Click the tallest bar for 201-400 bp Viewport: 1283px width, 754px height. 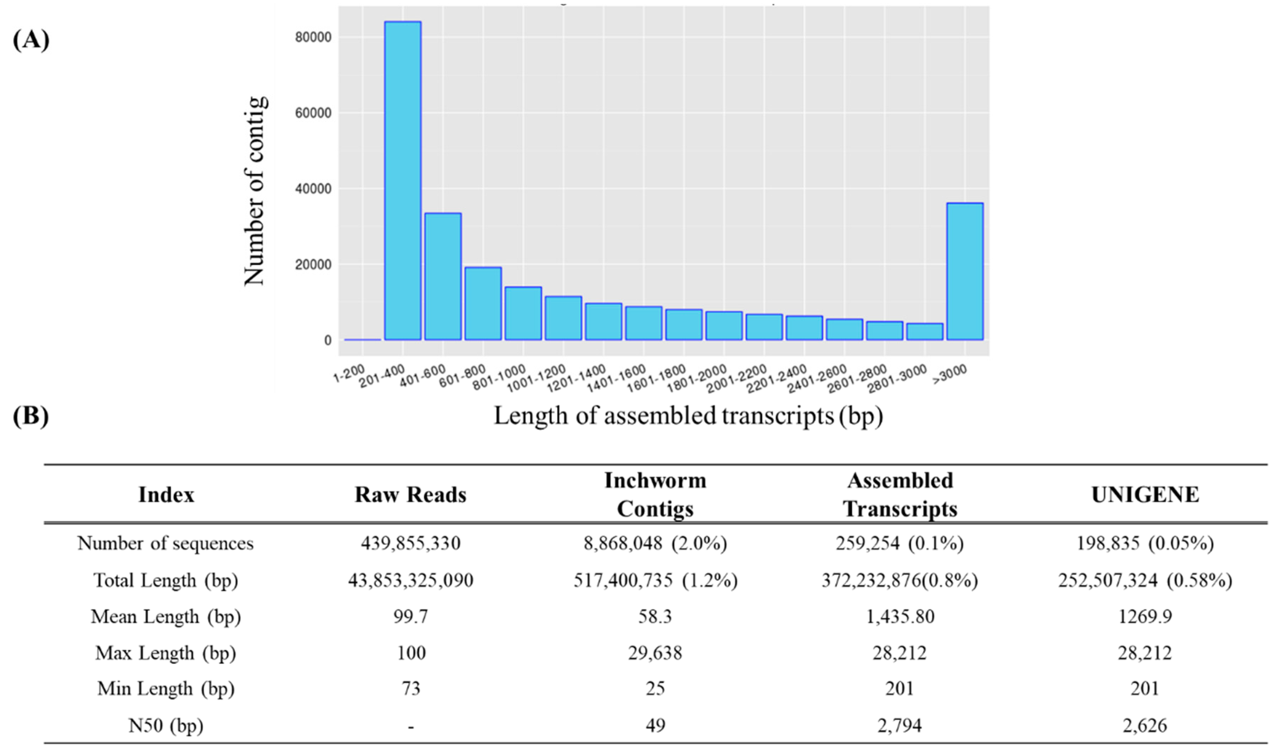(403, 181)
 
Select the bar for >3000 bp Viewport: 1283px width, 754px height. (965, 271)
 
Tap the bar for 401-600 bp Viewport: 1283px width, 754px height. (443, 276)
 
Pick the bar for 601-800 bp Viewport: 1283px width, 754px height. (483, 303)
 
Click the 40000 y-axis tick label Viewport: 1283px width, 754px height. (313, 189)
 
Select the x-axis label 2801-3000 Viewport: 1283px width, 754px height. (897, 379)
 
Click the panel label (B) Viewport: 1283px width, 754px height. (30, 416)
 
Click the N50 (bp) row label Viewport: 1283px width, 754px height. (166, 725)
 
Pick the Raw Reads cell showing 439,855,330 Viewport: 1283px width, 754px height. (410, 543)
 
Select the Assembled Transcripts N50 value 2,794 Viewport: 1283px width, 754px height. (899, 725)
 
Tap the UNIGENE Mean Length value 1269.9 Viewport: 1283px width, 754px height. (1145, 617)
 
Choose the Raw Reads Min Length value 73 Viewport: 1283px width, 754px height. (410, 688)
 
